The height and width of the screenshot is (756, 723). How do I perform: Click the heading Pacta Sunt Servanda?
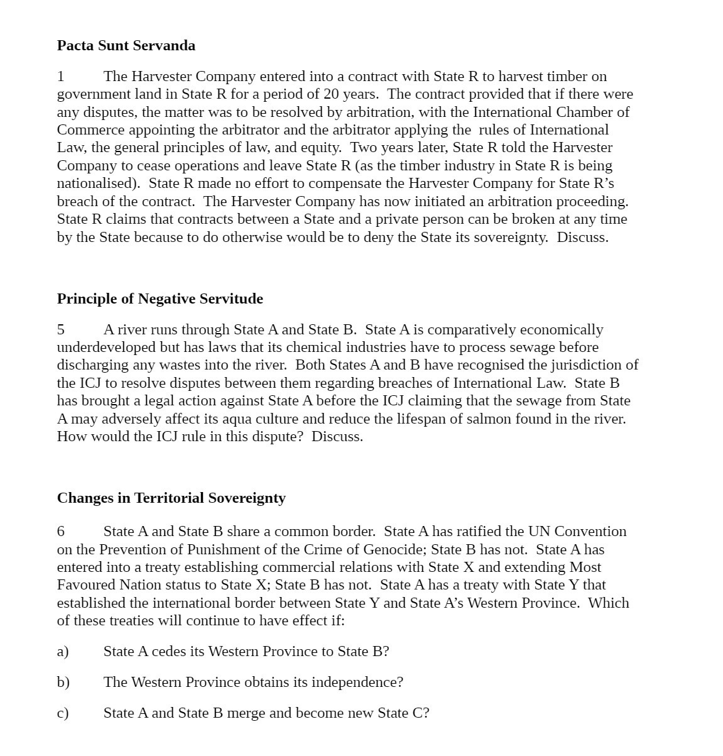126,46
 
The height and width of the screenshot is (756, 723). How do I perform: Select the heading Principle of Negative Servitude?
160,299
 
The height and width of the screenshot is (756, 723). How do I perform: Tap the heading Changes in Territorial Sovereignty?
171,498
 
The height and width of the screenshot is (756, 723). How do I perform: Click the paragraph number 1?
61,77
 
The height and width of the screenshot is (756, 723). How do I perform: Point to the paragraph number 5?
61,330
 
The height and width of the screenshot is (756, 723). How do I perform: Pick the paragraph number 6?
61,532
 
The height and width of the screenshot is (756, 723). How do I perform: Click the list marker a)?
63,652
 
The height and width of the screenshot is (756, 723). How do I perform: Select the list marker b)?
63,682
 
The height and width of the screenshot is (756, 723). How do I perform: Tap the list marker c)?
63,713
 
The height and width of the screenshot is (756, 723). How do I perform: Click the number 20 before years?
332,94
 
